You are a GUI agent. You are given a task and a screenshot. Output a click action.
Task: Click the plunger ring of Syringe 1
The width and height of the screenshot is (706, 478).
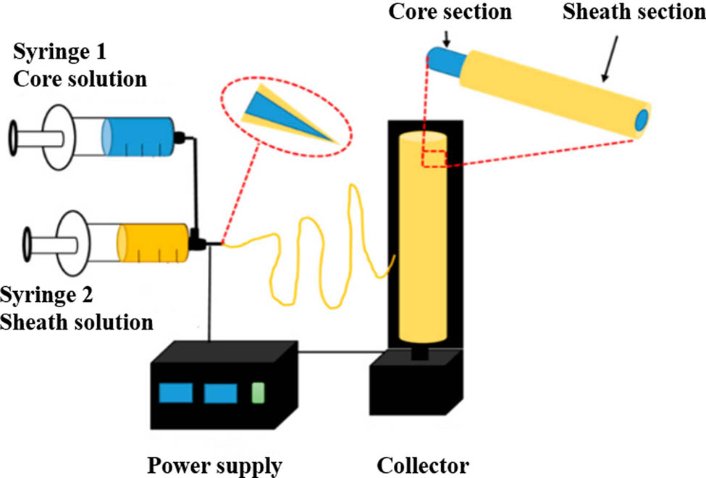pos(14,137)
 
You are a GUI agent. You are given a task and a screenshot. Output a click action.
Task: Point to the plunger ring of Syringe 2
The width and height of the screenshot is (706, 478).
pos(27,243)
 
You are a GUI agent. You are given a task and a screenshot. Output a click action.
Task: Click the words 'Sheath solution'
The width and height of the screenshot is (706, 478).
pos(76,322)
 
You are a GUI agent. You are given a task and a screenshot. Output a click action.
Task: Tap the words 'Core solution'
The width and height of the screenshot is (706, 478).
pos(80,77)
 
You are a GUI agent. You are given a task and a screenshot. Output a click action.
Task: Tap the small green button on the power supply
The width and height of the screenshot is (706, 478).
pos(257,393)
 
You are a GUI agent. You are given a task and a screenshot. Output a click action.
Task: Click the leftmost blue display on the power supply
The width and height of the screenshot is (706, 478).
pos(175,393)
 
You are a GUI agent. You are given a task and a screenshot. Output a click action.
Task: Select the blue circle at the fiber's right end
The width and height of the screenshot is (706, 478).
pos(642,121)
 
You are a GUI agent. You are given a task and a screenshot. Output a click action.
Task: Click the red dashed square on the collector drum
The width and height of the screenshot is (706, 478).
pos(437,158)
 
